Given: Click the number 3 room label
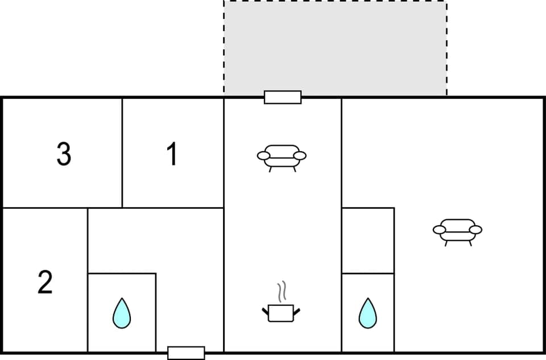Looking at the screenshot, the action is pos(64,154).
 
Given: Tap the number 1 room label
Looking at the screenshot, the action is pos(172,154).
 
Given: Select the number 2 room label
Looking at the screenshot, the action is pos(45,282).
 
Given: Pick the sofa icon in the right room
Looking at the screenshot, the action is pos(457,230).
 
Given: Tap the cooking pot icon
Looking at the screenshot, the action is pos(281,313).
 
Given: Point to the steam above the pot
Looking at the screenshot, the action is pos(281,292).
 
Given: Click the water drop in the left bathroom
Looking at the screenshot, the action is pos(121,313).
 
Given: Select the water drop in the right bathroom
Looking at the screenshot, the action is pos(367,313).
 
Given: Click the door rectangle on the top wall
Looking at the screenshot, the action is pos(283,97).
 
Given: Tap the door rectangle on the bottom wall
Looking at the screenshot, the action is pos(186,353).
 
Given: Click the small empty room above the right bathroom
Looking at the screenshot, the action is pos(367,240).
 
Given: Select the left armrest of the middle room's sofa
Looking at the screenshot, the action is pos(264,155).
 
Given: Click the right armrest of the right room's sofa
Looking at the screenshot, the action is pos(475,230).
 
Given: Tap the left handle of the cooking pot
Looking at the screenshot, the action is pos(266,311).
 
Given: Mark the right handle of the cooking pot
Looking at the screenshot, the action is pos(296,311).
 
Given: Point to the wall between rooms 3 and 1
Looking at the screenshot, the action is pos(122,152).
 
